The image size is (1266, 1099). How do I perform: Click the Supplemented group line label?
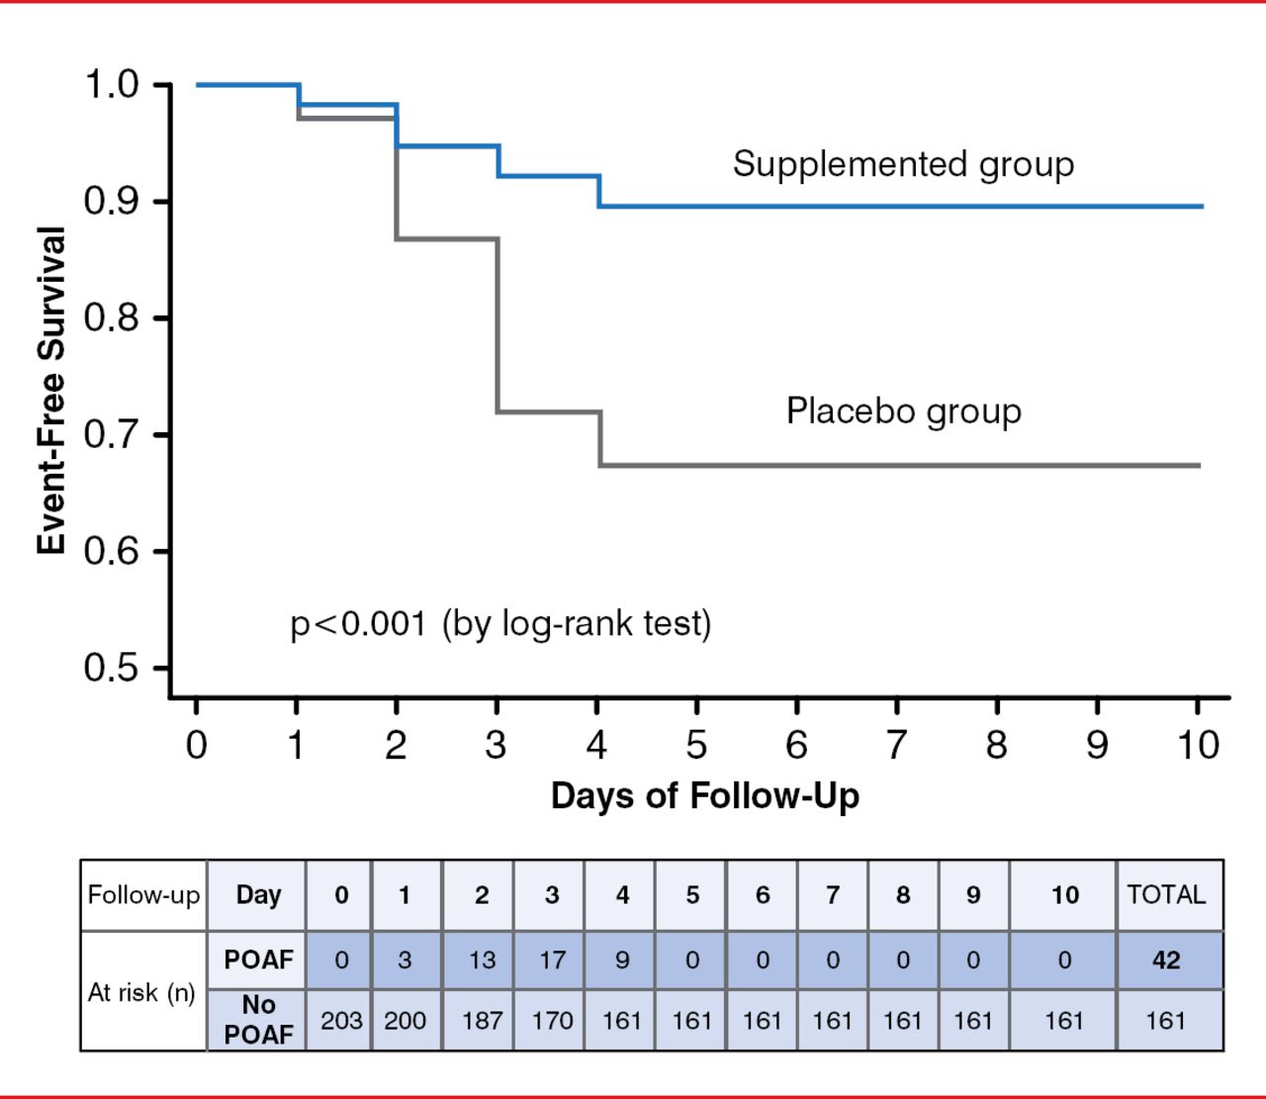tap(903, 164)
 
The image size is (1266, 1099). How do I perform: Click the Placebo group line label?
tap(903, 411)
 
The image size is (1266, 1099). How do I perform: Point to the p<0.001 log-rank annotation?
tap(500, 624)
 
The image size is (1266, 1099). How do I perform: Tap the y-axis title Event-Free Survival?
tap(51, 390)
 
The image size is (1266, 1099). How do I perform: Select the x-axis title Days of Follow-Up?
tap(704, 795)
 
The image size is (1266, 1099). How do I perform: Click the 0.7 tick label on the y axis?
tap(112, 433)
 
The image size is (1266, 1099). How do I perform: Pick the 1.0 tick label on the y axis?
tap(112, 84)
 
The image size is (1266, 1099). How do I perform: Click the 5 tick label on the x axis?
tap(696, 745)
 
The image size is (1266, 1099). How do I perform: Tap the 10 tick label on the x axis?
tap(1198, 745)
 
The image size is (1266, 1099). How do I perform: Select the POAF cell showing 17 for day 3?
tap(551, 960)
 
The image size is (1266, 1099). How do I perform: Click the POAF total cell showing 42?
tap(1166, 960)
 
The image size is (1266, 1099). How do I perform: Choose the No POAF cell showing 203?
tap(341, 1020)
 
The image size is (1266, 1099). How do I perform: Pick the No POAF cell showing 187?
tap(482, 1020)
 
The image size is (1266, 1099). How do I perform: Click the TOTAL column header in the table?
tap(1166, 894)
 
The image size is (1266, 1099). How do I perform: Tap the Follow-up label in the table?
tap(143, 894)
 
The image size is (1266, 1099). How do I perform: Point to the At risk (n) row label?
tap(141, 992)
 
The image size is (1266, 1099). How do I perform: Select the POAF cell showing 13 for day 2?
tap(482, 960)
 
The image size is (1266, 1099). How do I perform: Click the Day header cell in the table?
tap(258, 894)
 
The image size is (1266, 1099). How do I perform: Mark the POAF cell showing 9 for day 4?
tap(621, 960)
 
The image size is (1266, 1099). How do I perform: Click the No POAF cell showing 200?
tap(405, 1020)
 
